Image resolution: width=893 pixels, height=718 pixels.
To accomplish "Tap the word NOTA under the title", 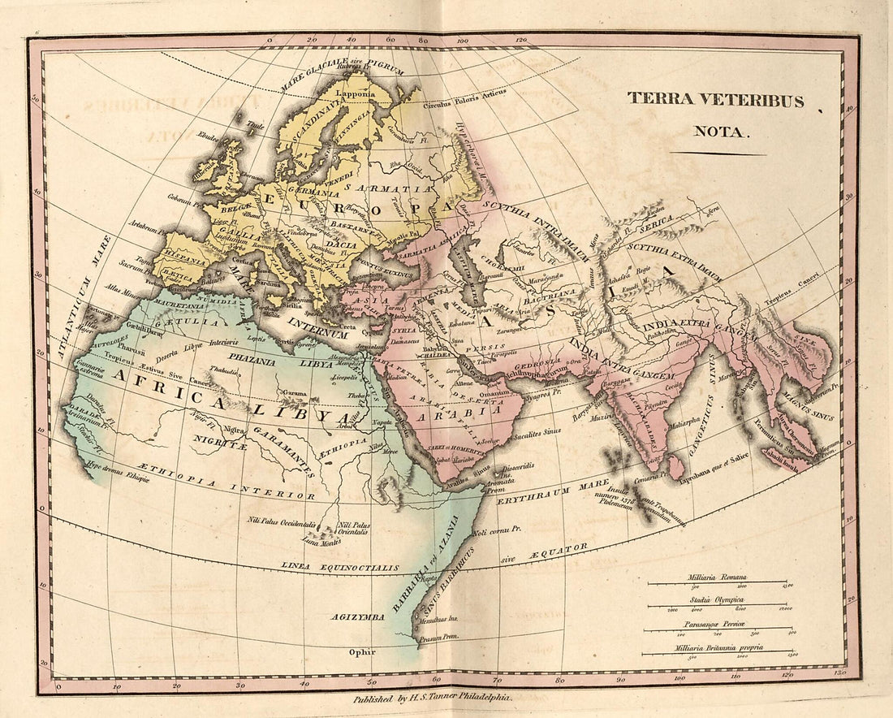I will (x=718, y=131).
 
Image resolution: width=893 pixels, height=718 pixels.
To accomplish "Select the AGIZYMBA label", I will (x=358, y=617).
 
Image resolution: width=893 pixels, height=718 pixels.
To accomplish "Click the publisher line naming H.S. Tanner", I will (x=432, y=698).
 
